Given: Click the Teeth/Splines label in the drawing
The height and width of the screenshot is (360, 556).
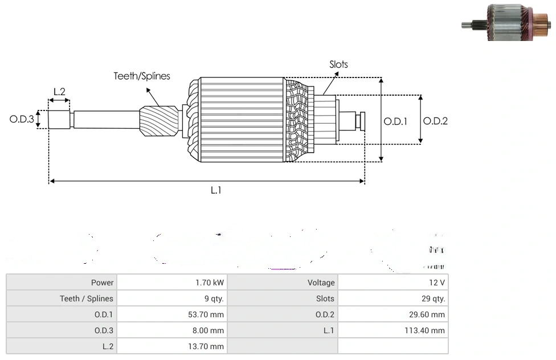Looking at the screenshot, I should point(142,76).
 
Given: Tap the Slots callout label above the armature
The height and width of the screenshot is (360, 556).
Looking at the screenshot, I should point(338,64).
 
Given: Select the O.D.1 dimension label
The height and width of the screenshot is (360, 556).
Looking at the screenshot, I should point(395,121).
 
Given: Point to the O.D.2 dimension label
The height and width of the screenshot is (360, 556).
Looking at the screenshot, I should point(435,121).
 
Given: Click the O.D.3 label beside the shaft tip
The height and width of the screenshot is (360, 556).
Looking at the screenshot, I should point(22,120).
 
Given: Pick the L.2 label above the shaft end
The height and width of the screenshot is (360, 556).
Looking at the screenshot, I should point(59,91).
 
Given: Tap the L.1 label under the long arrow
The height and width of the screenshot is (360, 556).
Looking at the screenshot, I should point(215,190).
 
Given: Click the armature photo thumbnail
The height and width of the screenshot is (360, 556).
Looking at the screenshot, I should point(506,23).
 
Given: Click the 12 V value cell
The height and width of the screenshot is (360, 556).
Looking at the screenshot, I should point(438,283).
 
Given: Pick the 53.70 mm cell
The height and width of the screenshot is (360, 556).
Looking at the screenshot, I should point(209,314).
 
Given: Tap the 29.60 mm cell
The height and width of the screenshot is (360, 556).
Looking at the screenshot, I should point(430,314).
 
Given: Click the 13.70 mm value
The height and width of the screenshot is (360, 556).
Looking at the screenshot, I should point(209,346).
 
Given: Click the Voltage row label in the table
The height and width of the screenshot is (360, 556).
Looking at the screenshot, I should point(321,283).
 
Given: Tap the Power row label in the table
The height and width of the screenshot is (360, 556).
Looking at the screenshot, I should point(103,283).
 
